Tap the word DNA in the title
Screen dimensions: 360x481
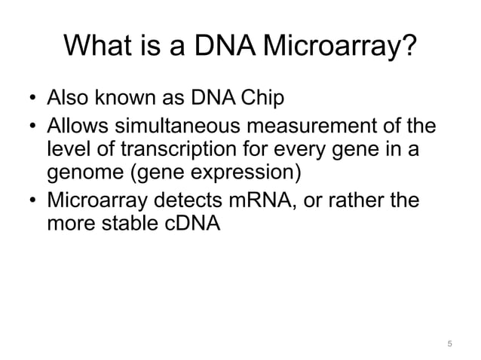coord(219,47)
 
